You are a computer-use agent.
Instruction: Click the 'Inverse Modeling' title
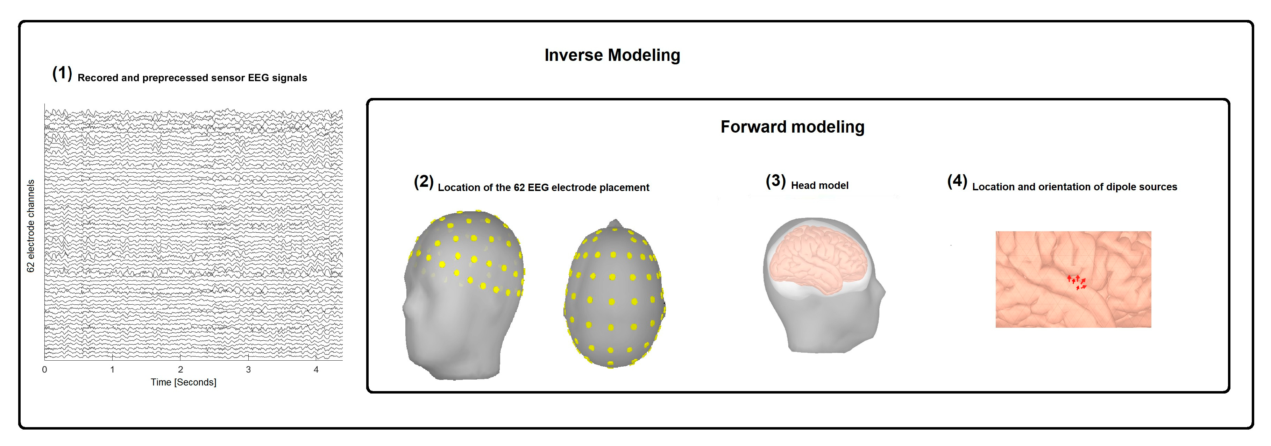(x=612, y=55)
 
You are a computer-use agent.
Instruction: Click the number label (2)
(x=423, y=182)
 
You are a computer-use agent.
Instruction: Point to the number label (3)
(x=775, y=181)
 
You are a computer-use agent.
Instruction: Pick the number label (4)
(x=957, y=181)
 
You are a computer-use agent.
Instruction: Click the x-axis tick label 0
(x=44, y=369)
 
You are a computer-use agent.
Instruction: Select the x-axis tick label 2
(x=180, y=369)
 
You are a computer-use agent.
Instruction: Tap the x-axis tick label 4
(x=316, y=369)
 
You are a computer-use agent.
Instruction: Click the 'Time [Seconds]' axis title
(x=184, y=382)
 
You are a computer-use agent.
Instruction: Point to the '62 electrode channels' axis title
(x=30, y=226)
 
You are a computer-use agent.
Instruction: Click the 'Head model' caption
(x=819, y=185)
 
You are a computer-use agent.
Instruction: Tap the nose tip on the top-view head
(x=615, y=222)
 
